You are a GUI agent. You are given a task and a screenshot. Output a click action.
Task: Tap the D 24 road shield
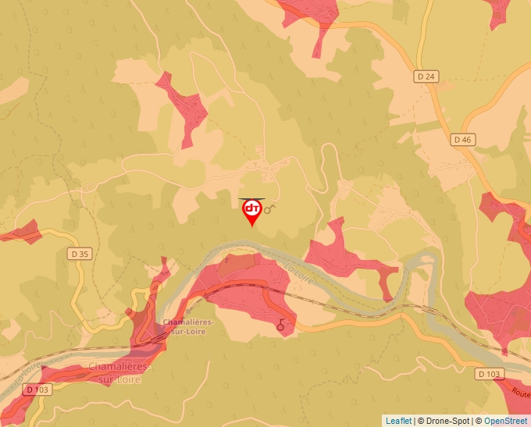[x=426, y=77]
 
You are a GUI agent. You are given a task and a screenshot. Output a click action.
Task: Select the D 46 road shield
[x=462, y=140]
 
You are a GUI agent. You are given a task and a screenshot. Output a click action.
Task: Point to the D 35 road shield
[x=80, y=253]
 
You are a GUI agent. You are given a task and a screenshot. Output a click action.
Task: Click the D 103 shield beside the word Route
[x=488, y=374]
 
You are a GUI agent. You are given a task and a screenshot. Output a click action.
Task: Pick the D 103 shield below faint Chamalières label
[x=36, y=389]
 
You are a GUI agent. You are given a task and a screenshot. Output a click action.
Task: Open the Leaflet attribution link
[x=398, y=421]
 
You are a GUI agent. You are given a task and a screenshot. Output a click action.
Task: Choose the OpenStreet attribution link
[x=505, y=421]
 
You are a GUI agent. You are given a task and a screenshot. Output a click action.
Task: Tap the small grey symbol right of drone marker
[x=271, y=208]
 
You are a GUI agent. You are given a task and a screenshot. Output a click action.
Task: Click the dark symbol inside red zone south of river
[x=281, y=326]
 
